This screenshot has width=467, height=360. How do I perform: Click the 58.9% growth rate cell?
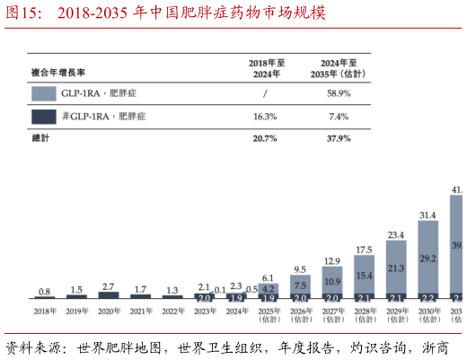338,93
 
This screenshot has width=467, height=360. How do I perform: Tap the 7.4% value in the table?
338,117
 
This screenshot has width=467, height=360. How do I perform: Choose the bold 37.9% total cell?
338,139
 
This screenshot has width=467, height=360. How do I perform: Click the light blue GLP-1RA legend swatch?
43,93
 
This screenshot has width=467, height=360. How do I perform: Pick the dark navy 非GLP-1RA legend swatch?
43,117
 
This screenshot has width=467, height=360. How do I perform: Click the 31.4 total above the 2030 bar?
427,215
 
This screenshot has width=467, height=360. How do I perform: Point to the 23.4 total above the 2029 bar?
396,235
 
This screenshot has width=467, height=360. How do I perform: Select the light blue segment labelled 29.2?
427,257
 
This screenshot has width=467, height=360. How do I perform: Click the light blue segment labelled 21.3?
396,268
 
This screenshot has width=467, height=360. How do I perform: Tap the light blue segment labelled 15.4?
364,275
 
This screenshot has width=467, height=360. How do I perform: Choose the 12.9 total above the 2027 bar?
332,261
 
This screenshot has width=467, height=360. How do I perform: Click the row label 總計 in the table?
42,139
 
